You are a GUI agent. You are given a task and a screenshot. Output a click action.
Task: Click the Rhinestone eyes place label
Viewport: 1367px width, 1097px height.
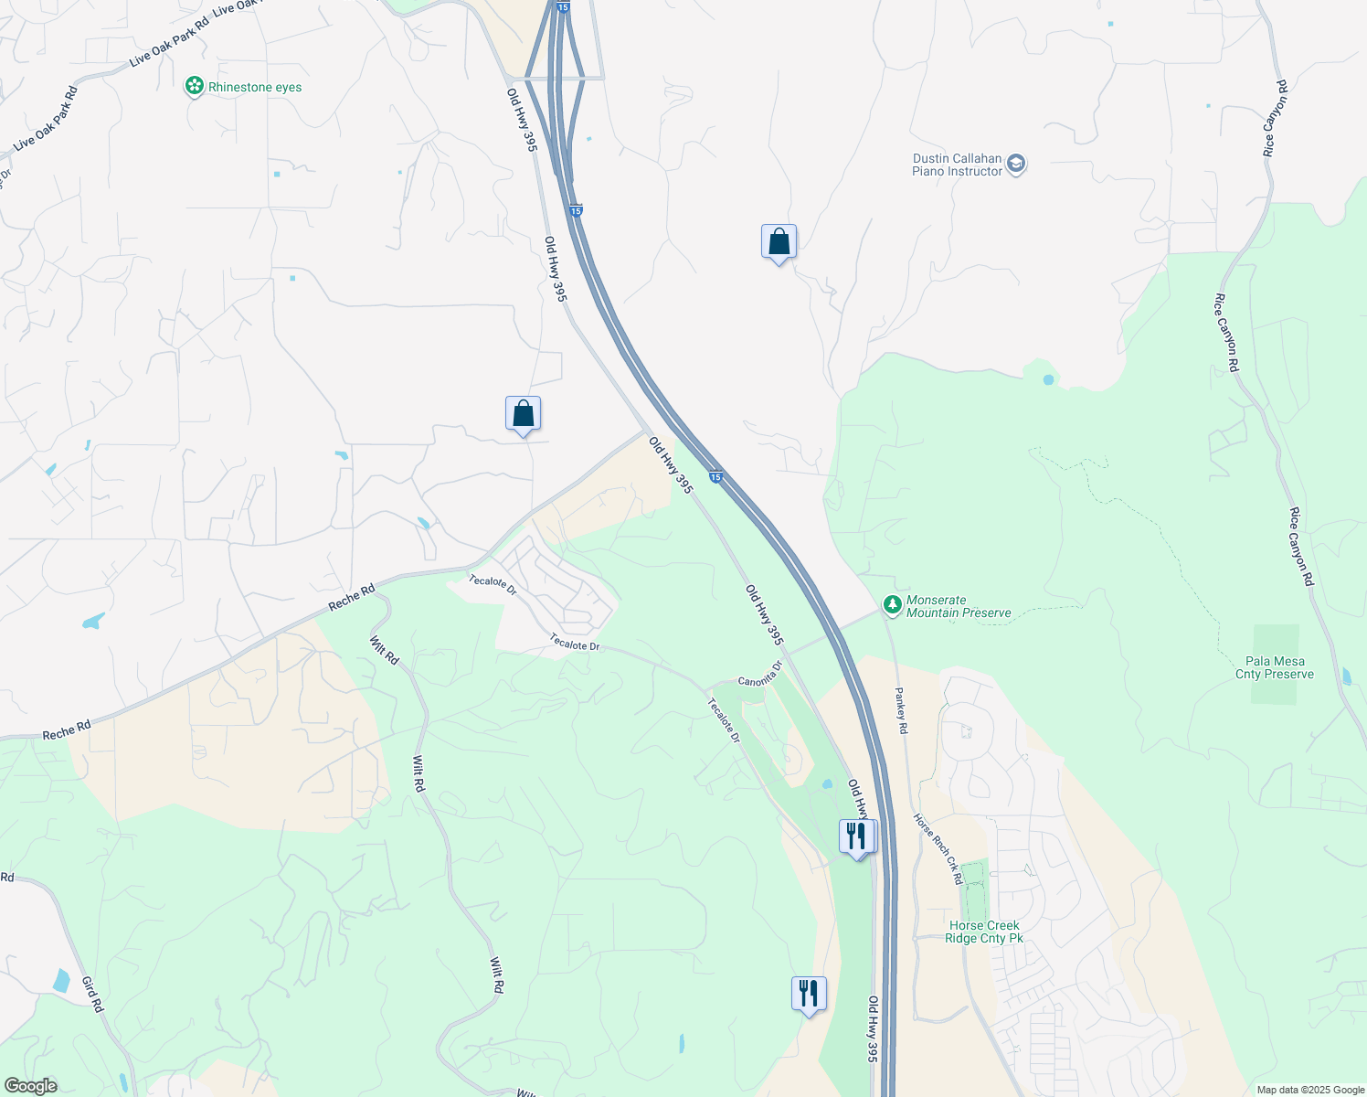pyautogui.click(x=254, y=88)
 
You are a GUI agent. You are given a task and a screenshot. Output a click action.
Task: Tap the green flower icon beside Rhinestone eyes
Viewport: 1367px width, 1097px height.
pyautogui.click(x=194, y=87)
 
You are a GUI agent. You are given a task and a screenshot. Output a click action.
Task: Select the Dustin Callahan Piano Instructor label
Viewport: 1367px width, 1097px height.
pyautogui.click(x=957, y=165)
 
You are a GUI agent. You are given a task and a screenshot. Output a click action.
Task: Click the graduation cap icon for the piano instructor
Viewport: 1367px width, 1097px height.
pyautogui.click(x=1016, y=165)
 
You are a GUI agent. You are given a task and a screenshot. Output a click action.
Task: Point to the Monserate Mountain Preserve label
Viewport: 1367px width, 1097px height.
pyautogui.click(x=958, y=607)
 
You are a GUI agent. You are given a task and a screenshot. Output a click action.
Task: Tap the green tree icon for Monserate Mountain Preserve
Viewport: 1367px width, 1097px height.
pyautogui.click(x=893, y=605)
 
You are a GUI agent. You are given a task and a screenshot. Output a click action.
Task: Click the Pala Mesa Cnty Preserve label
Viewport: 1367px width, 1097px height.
pyautogui.click(x=1274, y=668)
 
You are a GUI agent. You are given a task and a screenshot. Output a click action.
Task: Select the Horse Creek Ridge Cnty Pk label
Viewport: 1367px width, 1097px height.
pyautogui.click(x=983, y=932)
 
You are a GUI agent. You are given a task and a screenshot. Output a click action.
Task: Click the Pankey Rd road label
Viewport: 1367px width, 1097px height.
pyautogui.click(x=901, y=710)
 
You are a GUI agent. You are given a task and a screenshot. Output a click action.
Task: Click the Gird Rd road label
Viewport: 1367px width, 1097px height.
pyautogui.click(x=92, y=994)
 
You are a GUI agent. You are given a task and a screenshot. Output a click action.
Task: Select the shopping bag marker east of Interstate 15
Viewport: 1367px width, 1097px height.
pyautogui.click(x=779, y=243)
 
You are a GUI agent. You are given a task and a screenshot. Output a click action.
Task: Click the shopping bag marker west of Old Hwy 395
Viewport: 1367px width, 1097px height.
pyautogui.click(x=523, y=415)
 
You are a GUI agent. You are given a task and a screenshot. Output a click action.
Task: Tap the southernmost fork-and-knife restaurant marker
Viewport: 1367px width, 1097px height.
pyautogui.click(x=809, y=994)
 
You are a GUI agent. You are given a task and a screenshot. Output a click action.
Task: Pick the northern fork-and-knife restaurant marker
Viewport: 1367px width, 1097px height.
pyautogui.click(x=856, y=836)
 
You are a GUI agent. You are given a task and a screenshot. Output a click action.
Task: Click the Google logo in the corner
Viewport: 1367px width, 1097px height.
pyautogui.click(x=30, y=1086)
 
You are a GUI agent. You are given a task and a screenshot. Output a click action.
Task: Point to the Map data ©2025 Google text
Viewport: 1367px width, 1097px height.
pyautogui.click(x=1309, y=1090)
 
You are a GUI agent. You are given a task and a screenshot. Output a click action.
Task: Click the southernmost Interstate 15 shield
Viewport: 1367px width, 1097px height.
pyautogui.click(x=716, y=476)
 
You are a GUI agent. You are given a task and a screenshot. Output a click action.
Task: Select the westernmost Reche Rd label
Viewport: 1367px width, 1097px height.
pyautogui.click(x=67, y=730)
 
